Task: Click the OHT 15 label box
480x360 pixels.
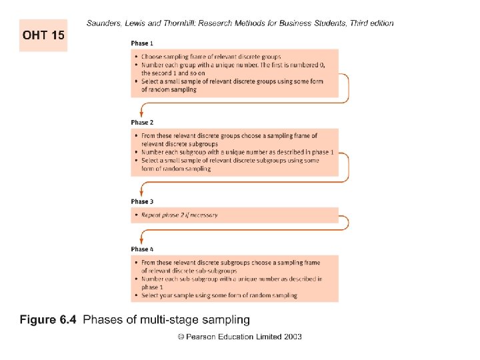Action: pos(43,35)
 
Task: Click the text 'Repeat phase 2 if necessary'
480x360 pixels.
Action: pos(179,215)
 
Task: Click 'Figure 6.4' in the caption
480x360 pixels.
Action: pos(48,321)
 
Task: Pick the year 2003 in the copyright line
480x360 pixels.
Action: pos(292,337)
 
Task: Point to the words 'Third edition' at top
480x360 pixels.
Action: pos(371,23)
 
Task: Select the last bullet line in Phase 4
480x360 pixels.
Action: pos(219,295)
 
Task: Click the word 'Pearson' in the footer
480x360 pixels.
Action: pos(202,337)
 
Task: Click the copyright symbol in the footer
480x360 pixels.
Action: pos(181,337)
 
